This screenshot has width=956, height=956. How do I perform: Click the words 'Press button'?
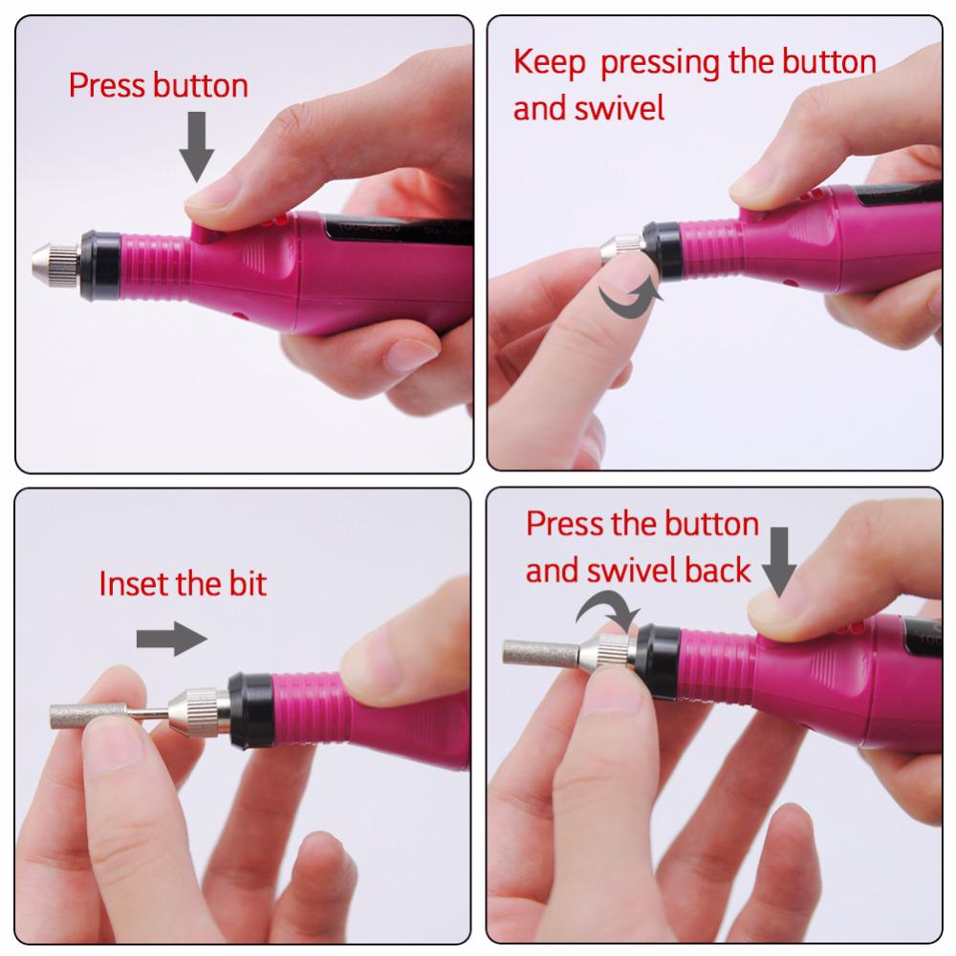click(x=158, y=85)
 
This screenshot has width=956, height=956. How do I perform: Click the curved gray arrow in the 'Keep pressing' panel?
click(x=630, y=297)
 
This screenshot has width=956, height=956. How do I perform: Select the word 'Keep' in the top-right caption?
click(x=546, y=63)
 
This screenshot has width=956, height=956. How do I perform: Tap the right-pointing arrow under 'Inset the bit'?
click(x=171, y=640)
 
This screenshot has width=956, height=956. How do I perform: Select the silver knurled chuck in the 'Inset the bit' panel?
click(x=198, y=708)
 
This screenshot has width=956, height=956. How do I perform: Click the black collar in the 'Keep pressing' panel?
click(x=662, y=250)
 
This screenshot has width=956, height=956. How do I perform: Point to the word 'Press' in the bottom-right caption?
click(x=566, y=525)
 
